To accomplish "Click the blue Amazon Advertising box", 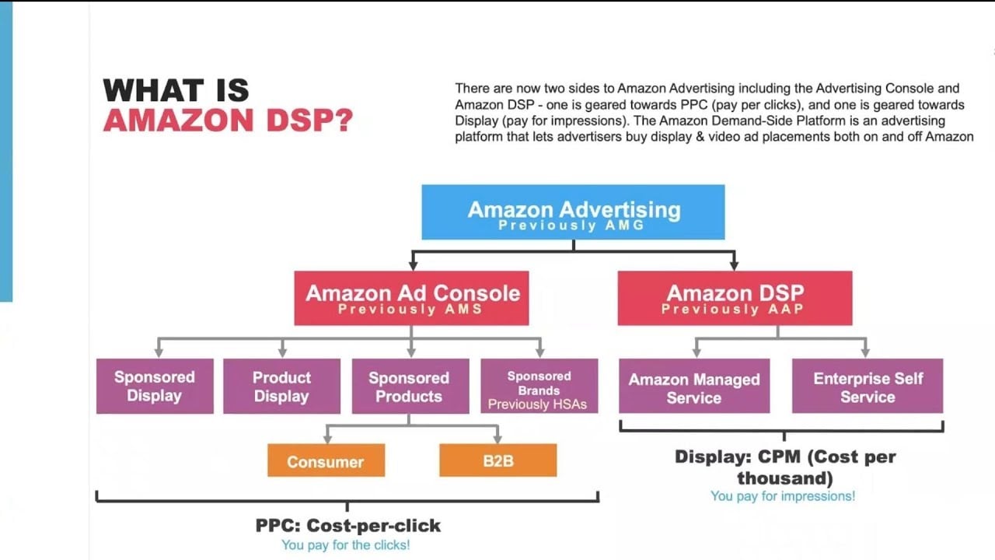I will coord(573,212).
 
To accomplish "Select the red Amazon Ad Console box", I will coord(411,298).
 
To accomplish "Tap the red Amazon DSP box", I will coord(735,298).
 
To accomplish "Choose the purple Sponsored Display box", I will coord(155,386).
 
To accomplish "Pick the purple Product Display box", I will coord(281,386).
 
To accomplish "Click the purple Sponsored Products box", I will coord(410,386).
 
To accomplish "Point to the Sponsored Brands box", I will coord(539,385).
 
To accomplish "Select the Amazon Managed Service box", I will coord(694,387).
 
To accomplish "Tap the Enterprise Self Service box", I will coord(868,387).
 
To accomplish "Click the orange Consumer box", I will coord(326,460).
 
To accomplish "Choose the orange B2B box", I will coord(497,460).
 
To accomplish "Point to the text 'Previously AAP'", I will coord(731,310).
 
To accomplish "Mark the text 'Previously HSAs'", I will coord(537,404).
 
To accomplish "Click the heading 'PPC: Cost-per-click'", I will coord(347,526).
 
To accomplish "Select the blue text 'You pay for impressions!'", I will coord(783,495).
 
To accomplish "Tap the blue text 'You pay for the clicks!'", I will coord(345,545).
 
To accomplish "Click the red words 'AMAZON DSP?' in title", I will coord(228,121).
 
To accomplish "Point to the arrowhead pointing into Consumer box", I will coord(326,439).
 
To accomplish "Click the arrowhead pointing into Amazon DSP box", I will coord(735,265).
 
